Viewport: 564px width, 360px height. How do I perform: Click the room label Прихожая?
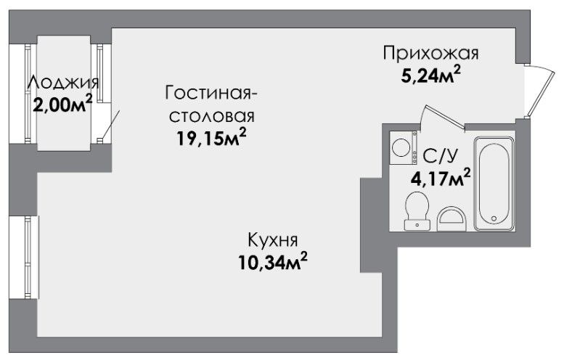pos(430,54)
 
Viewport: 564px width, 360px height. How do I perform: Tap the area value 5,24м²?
pos(431,75)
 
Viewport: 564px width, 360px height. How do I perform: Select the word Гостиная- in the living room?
pos(211,93)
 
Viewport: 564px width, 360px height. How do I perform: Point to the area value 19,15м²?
pos(211,137)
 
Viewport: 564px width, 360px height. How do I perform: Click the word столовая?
pos(212,116)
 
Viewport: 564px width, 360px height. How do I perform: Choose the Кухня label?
pos(273,240)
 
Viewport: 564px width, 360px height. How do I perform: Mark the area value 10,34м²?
pos(273,261)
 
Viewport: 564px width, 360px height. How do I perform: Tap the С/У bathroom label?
pos(441,156)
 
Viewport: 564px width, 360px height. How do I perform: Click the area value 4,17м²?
pos(441,178)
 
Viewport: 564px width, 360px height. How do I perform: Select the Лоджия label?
pos(63,83)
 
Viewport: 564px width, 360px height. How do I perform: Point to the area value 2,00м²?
pos(63,105)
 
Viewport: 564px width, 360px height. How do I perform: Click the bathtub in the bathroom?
pos(494,184)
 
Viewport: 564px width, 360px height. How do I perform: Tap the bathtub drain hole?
pos(494,218)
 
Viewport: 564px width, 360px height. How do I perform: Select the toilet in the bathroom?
pos(417,210)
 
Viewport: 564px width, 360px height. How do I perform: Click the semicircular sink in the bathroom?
pos(451,218)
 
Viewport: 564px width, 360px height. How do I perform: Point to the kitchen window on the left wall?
pos(31,257)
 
